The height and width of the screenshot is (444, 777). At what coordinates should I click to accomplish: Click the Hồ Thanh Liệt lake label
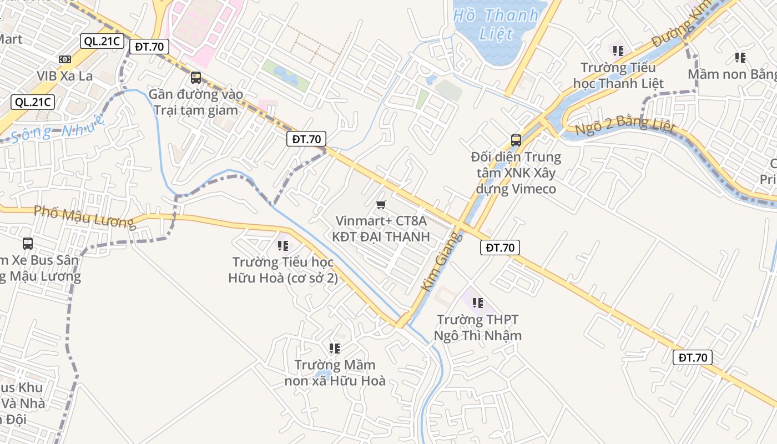pyautogui.click(x=496, y=24)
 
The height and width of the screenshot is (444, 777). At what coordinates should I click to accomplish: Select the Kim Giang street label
pyautogui.click(x=441, y=261)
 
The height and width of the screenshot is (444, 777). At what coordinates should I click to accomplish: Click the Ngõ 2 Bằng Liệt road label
pyautogui.click(x=625, y=125)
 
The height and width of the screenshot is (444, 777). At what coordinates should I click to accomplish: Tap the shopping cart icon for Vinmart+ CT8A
pyautogui.click(x=381, y=205)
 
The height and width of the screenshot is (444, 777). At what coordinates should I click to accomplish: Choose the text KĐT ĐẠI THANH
pyautogui.click(x=381, y=236)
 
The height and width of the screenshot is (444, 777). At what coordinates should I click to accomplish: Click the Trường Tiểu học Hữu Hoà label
pyautogui.click(x=283, y=270)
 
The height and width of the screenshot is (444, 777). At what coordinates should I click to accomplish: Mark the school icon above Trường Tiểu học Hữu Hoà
pyautogui.click(x=282, y=244)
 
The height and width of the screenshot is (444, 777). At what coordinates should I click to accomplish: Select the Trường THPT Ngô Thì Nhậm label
pyautogui.click(x=477, y=327)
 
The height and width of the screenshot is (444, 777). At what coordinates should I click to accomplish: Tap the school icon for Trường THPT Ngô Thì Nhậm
pyautogui.click(x=477, y=303)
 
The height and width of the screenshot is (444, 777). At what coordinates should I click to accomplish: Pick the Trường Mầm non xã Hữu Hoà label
pyautogui.click(x=335, y=372)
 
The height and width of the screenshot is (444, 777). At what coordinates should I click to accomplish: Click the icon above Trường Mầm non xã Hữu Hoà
pyautogui.click(x=334, y=349)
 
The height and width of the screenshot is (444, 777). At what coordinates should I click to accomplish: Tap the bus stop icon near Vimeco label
pyautogui.click(x=516, y=140)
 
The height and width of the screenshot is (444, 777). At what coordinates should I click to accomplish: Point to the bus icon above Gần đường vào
pyautogui.click(x=196, y=78)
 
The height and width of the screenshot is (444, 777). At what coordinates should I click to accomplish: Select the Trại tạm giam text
pyautogui.click(x=196, y=110)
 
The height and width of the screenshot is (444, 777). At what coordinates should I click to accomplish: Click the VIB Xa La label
pyautogui.click(x=65, y=76)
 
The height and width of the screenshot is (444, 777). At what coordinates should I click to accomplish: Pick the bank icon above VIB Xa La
pyautogui.click(x=65, y=59)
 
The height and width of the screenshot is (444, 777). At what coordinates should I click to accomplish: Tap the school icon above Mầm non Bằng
pyautogui.click(x=740, y=57)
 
